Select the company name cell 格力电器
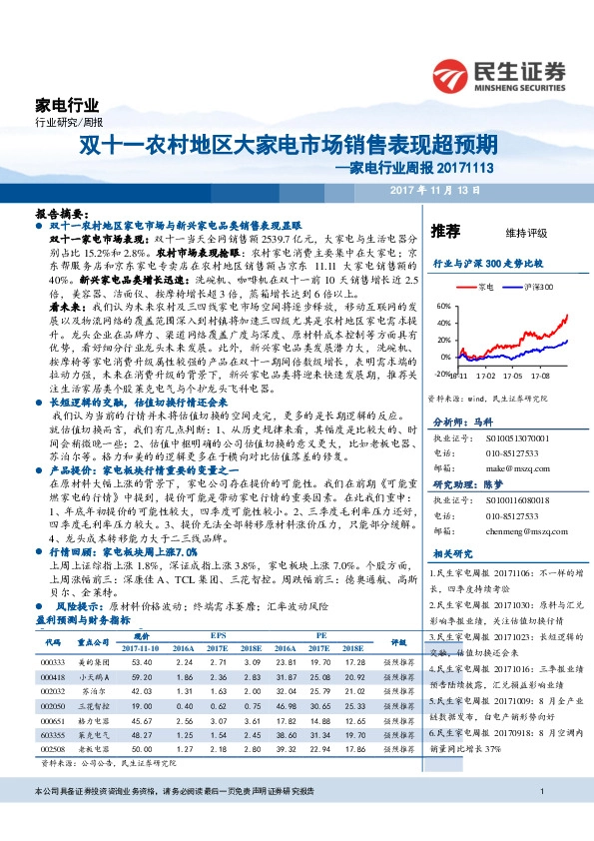click(94, 718)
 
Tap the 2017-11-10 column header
click(141, 647)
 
